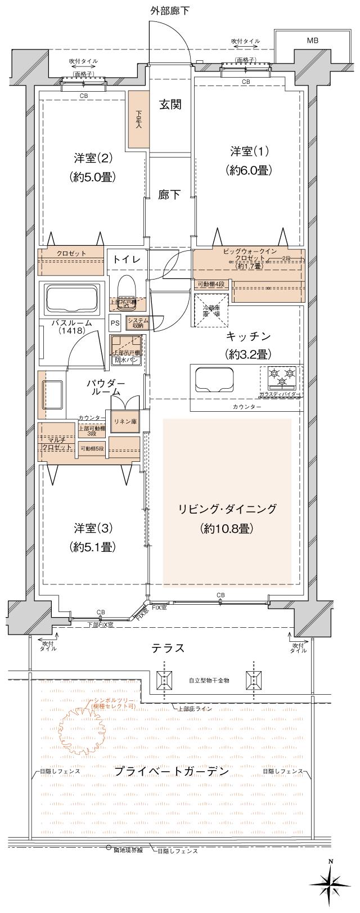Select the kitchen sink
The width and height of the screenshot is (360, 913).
click(x=214, y=379)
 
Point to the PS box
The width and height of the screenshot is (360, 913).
click(x=115, y=323)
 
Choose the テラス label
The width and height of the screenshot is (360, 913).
click(x=168, y=648)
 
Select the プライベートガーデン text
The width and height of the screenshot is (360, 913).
click(x=171, y=771)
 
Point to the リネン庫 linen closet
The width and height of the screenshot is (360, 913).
click(x=124, y=420)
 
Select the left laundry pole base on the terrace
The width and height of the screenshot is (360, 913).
click(x=164, y=680)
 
